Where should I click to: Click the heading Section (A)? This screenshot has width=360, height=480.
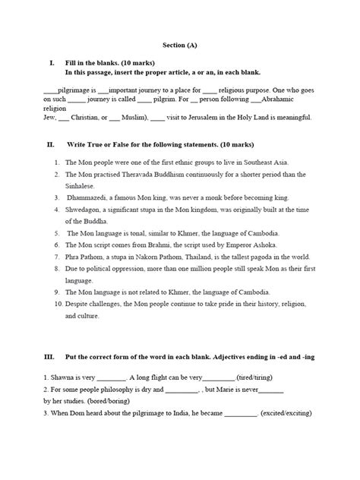click(180, 45)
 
